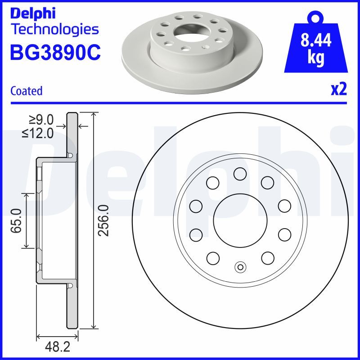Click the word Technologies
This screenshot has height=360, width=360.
point(54,30)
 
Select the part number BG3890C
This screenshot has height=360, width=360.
point(54,54)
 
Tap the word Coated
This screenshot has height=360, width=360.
point(26,91)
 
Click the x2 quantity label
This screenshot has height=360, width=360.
point(338,90)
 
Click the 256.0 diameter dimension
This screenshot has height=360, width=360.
point(103,220)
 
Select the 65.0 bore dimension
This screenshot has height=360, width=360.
point(18,220)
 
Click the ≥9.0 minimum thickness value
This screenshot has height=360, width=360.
point(41,120)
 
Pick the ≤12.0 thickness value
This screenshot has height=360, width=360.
point(38,133)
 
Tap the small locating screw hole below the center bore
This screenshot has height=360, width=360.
point(240,268)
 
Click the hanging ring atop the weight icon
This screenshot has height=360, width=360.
point(315,18)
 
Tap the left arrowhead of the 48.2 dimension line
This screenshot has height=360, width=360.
point(39,336)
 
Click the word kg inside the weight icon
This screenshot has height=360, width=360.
point(315,59)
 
